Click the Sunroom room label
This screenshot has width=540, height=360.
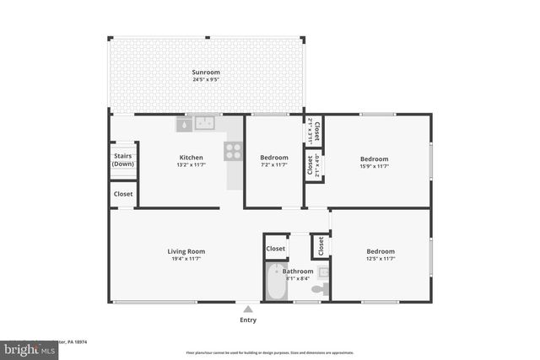point(207,73)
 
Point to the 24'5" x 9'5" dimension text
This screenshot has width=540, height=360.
point(207,81)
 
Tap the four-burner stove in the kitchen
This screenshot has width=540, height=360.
point(234,151)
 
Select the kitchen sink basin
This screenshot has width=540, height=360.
point(205,124)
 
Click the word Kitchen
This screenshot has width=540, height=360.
point(191,158)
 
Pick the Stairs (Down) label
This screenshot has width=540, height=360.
point(123,159)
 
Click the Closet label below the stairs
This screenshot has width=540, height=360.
point(123,194)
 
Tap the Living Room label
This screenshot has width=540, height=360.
point(186,251)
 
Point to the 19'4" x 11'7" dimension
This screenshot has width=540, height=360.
point(186,260)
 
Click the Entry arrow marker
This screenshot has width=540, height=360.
point(248,309)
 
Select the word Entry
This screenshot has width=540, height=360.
point(248,320)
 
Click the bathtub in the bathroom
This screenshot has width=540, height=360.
point(276,283)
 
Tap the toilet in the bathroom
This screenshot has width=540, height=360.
point(318,289)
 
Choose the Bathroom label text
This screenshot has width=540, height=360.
point(298,271)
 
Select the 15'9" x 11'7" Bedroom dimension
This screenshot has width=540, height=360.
point(375,167)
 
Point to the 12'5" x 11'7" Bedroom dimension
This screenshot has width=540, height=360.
point(380,260)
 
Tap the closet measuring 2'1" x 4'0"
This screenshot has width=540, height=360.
point(313,166)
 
